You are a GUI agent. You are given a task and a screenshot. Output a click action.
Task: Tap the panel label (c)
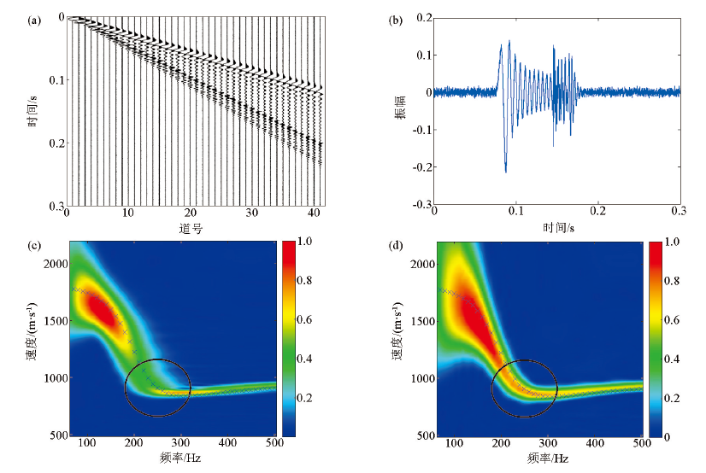(35, 247)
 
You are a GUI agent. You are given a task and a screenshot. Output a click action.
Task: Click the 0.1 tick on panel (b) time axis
(516, 212)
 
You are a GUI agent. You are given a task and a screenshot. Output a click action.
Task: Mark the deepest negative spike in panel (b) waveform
(506, 172)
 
